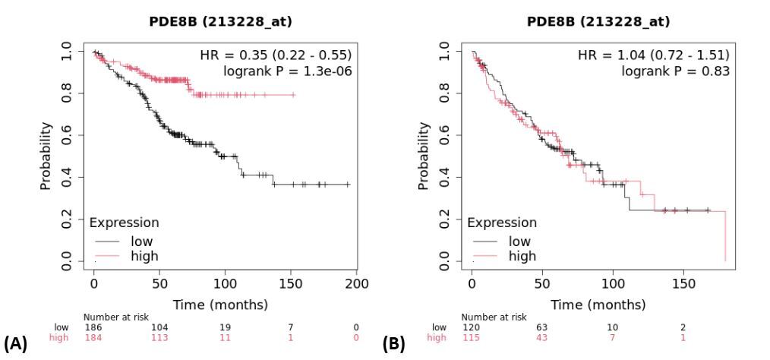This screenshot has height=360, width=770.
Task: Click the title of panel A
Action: (x=220, y=22)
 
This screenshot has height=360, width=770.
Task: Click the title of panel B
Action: (x=598, y=22)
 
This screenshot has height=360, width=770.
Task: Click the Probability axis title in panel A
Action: (x=46, y=156)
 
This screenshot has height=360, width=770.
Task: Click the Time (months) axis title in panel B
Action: (x=598, y=305)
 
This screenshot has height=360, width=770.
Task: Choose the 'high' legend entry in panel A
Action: (x=144, y=256)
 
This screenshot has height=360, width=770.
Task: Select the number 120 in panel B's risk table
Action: (x=471, y=327)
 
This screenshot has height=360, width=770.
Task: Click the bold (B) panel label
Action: (x=394, y=346)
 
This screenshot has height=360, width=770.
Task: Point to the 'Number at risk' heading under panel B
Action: (x=494, y=317)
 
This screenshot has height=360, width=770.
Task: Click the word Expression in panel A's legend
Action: (x=124, y=223)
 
